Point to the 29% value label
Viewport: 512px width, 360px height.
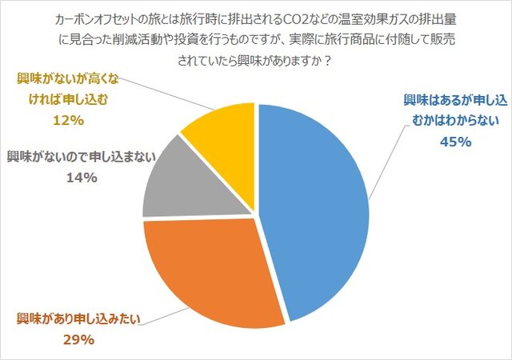79,338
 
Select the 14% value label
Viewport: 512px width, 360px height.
79,178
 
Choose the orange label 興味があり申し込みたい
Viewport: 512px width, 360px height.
79,318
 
